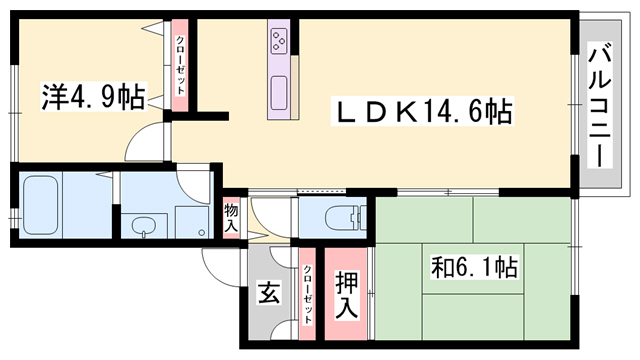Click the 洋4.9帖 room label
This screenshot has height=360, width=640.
(92, 98)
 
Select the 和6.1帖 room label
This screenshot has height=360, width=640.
(474, 268)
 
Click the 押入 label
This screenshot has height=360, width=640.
(347, 296)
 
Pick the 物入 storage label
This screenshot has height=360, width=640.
(231, 217)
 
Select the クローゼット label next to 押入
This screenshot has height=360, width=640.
(307, 295)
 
